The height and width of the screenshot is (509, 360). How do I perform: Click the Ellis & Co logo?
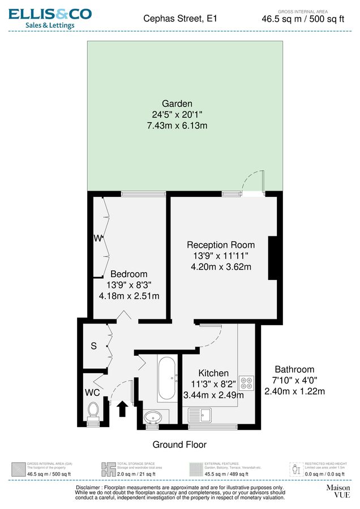(50, 18)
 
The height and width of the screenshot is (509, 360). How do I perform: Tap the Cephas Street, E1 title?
(181, 19)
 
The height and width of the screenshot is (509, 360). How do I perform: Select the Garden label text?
(177, 104)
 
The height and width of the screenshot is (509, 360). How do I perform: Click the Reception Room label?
(221, 245)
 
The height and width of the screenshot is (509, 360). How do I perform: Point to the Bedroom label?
(128, 274)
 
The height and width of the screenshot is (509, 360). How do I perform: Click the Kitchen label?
(213, 373)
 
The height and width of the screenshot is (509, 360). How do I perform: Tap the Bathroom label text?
(294, 369)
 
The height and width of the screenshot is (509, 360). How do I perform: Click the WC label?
(93, 392)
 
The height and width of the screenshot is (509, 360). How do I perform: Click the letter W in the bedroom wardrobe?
(97, 239)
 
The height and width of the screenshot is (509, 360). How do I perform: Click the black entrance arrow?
(122, 408)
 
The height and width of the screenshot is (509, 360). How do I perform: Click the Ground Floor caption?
(179, 445)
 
